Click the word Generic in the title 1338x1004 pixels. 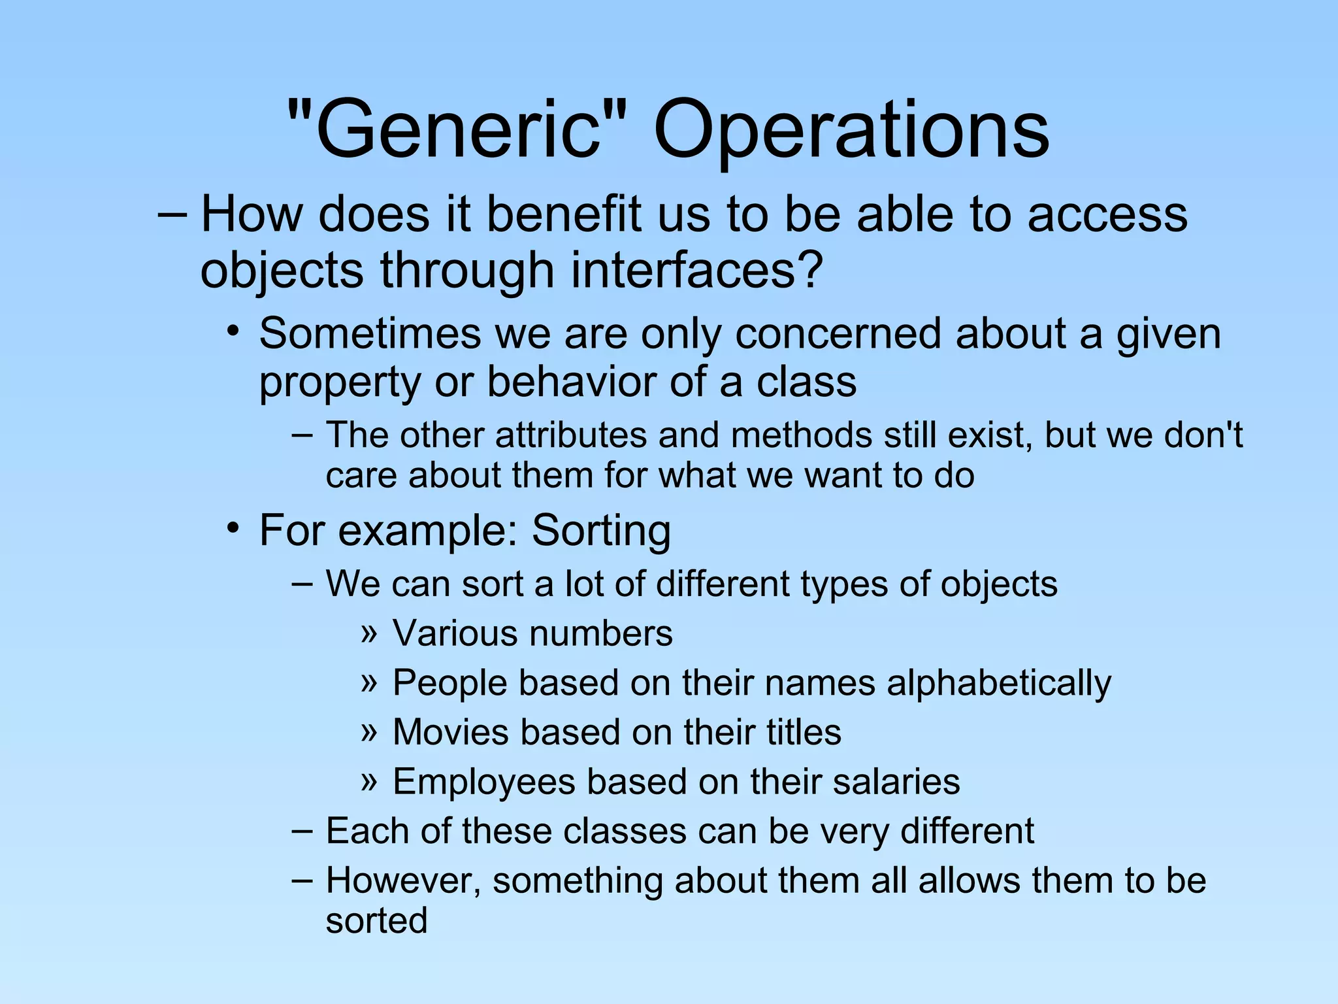pyautogui.click(x=457, y=129)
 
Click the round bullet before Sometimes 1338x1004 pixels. pyautogui.click(x=233, y=331)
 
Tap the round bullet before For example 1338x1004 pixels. pyautogui.click(x=233, y=527)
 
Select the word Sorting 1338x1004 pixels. pyautogui.click(x=601, y=530)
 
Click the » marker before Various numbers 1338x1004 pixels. pyautogui.click(x=369, y=633)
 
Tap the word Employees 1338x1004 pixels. pyautogui.click(x=483, y=782)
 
